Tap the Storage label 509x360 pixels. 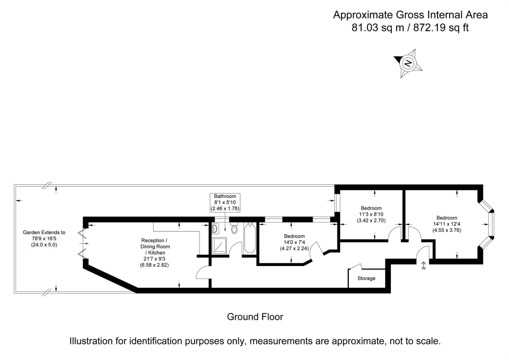(366, 278)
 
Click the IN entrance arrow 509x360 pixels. (424, 265)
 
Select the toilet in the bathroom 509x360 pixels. (234, 229)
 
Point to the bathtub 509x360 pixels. (250, 239)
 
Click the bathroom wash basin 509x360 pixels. (215, 229)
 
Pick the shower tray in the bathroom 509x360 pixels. (219, 245)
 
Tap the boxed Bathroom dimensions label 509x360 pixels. (225, 203)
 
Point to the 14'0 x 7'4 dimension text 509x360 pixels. (294, 242)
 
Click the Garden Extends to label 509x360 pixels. (44, 232)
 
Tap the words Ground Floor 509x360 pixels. (255, 317)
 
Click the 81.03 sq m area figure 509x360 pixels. (378, 28)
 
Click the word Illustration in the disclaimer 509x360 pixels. (91, 341)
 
